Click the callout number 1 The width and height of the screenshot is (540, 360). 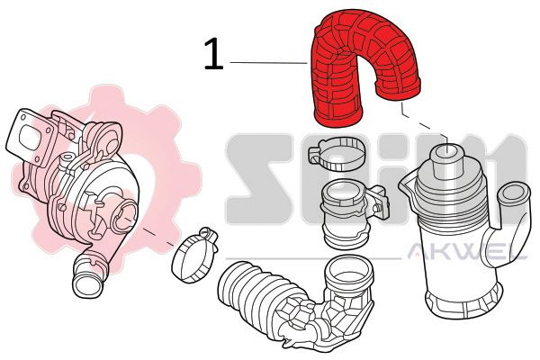[x=213, y=54]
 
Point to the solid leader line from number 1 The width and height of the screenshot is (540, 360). [x=268, y=63]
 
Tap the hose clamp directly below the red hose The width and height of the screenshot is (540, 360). [x=338, y=154]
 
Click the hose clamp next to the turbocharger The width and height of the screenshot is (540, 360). [x=193, y=255]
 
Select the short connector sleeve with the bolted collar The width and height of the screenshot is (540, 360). [x=347, y=213]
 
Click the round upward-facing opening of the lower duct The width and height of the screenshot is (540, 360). [x=348, y=272]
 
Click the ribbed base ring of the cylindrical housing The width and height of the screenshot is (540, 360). [x=463, y=301]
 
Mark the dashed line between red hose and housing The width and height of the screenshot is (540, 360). [x=426, y=124]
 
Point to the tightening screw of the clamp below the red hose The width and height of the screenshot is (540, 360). [x=315, y=154]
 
